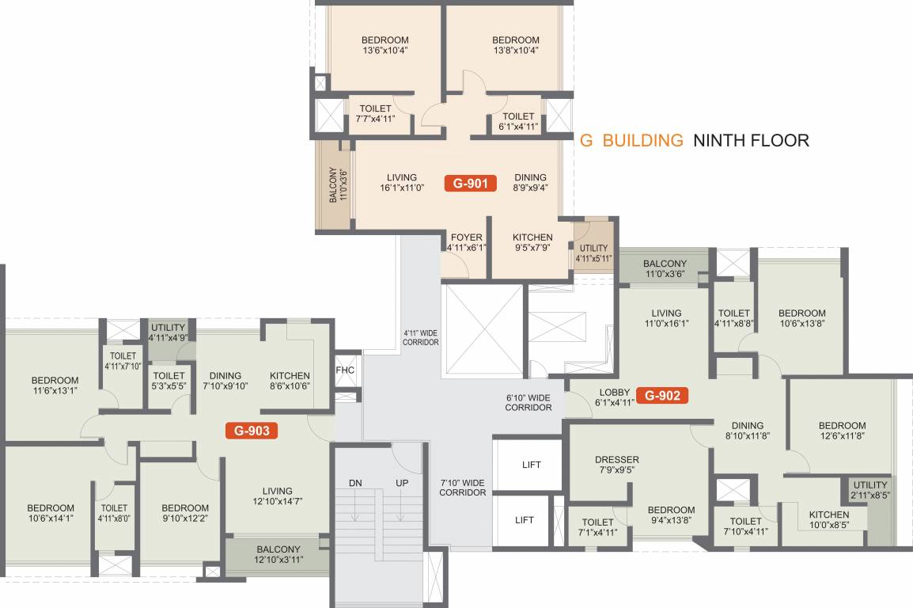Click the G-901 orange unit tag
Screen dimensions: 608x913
[470, 184]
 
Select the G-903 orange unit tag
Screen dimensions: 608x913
[251, 431]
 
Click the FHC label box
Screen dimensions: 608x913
[345, 370]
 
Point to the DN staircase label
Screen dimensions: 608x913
[355, 483]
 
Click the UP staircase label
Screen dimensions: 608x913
[402, 483]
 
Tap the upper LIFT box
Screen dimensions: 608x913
[532, 465]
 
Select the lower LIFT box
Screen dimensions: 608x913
[524, 520]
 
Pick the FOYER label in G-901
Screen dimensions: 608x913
[466, 237]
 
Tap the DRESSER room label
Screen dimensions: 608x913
[617, 460]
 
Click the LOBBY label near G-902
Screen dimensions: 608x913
[615, 392]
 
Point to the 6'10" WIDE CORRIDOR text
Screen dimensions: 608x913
[528, 402]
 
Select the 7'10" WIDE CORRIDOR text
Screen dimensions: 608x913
[463, 487]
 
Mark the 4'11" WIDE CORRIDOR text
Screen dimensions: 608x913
[420, 337]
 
